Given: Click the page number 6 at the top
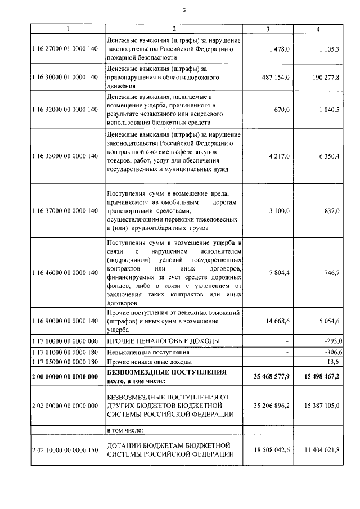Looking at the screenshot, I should tap(183, 10).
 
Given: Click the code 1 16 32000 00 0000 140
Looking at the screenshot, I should tap(65, 111).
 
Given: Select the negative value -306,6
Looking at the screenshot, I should tap(330, 352).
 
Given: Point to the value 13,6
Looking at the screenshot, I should tap(333, 362).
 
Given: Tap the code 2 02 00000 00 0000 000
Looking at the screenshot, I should tap(65, 405).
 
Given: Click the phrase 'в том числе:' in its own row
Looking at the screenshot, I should tap(125, 430).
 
